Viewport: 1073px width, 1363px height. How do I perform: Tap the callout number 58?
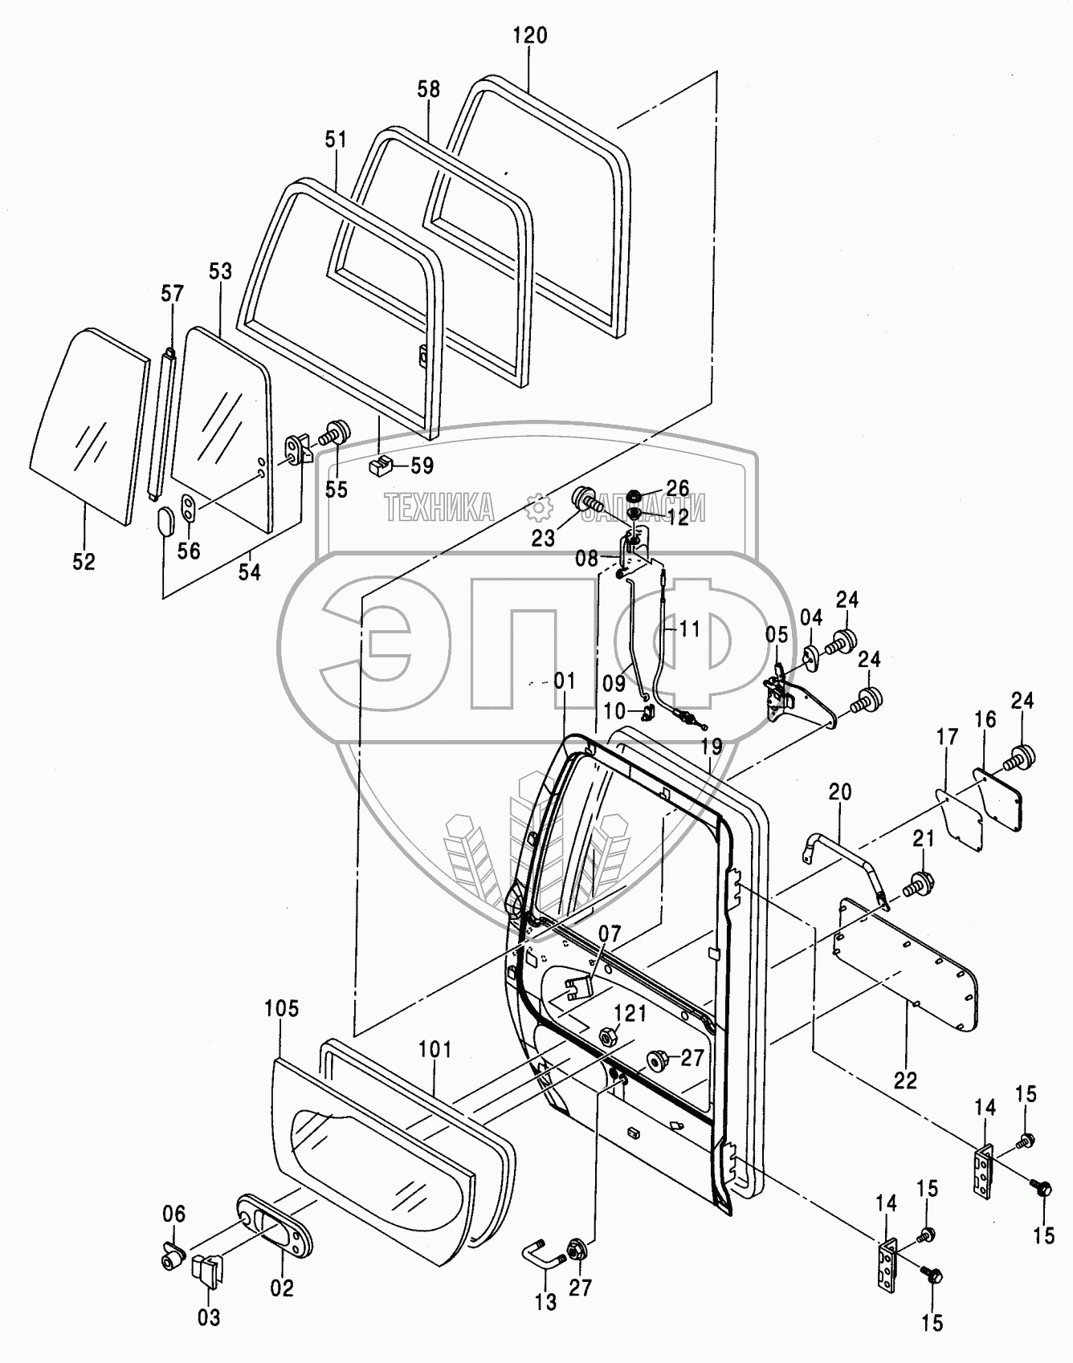429,88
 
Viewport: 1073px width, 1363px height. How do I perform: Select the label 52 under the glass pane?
84,562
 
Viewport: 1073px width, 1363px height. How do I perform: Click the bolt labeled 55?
332,433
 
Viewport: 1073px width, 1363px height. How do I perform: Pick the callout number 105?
280,1009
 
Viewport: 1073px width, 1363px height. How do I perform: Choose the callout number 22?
905,1080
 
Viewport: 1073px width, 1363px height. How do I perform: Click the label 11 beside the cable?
687,629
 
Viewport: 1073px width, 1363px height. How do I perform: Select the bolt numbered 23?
586,503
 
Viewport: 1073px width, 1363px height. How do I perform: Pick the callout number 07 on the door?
610,934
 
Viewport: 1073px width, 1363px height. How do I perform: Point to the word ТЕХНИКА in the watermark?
439,509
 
